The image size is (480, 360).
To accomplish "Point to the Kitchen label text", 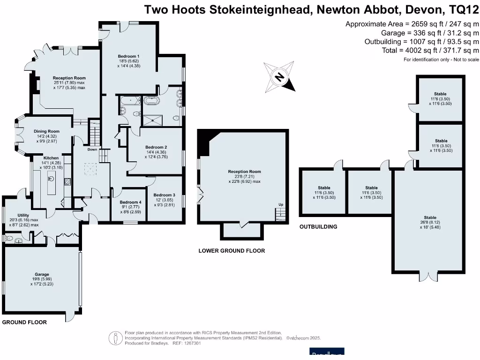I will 51,158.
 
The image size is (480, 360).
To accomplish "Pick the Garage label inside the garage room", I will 42,275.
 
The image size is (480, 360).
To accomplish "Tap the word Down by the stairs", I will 92,150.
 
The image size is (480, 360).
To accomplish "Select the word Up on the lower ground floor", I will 281,205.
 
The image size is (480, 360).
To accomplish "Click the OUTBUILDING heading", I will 318,227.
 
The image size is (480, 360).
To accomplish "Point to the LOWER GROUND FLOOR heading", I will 232,251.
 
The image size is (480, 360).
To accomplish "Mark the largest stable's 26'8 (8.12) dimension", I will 430,223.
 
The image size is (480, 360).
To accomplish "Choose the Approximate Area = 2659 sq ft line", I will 412,24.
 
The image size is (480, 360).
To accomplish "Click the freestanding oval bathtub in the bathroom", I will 151,101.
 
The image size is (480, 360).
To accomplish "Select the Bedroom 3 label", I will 164,195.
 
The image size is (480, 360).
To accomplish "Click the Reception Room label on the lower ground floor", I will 244,172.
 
